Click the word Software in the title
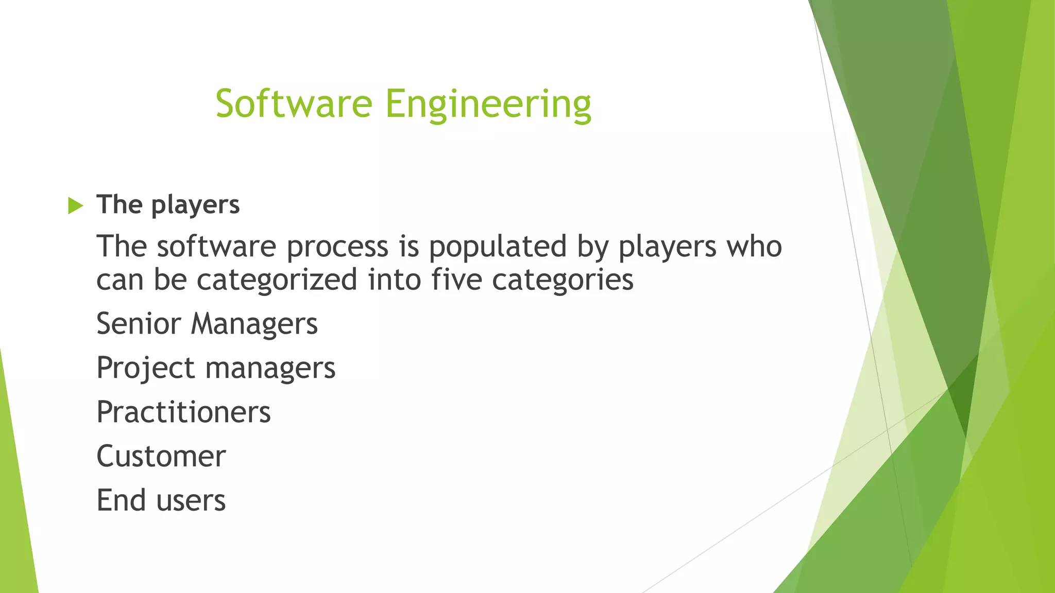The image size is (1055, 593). (294, 103)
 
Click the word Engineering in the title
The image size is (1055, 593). (488, 104)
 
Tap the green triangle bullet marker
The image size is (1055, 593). (75, 206)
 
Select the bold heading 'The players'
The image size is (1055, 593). (168, 205)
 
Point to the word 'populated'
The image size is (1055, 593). (498, 247)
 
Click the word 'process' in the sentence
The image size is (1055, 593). (337, 247)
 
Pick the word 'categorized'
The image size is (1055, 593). (277, 280)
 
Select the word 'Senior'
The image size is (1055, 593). (139, 324)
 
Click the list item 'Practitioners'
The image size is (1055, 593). (183, 412)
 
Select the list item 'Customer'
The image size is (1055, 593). (161, 457)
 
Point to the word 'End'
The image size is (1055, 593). (121, 500)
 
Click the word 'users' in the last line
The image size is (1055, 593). (191, 501)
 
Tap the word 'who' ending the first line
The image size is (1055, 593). (754, 247)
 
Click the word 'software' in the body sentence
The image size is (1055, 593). (216, 247)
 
